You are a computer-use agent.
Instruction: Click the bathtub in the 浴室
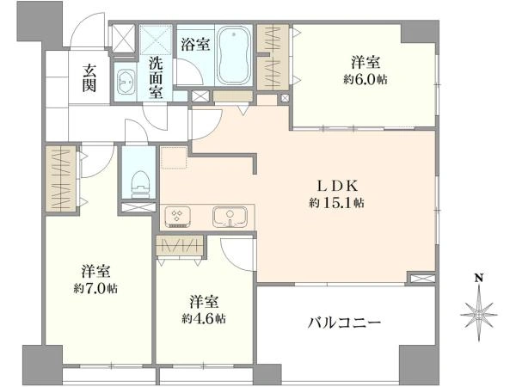[234, 55]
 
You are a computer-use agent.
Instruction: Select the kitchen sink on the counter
[230, 218]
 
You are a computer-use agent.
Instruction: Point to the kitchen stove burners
[177, 217]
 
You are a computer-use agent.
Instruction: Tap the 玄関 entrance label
[89, 78]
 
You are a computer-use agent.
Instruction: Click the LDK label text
[336, 187]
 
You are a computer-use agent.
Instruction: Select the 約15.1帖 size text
[336, 203]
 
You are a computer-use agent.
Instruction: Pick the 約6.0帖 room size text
[365, 80]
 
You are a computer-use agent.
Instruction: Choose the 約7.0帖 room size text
[95, 289]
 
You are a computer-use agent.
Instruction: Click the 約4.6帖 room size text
[204, 318]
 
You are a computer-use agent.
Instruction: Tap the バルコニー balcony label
[344, 322]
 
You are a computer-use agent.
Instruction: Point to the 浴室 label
[195, 45]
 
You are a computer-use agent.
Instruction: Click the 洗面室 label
[156, 77]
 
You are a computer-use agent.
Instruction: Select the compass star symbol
[479, 314]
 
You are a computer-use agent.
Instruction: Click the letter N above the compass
[479, 279]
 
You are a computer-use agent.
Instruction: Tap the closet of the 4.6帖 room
[180, 245]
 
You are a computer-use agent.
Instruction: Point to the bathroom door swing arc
[190, 71]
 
